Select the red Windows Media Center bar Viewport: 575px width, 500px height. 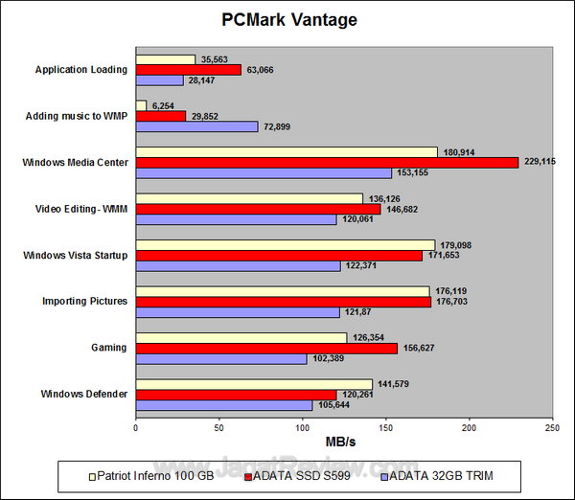click(x=327, y=162)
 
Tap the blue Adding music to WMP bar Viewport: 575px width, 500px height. click(x=196, y=126)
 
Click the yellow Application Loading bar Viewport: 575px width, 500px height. click(x=165, y=58)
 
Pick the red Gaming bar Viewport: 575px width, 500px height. click(x=266, y=348)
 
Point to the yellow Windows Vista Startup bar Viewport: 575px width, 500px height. click(x=285, y=244)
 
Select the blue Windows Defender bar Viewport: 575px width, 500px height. click(x=223, y=405)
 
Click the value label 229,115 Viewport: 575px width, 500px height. click(x=540, y=162)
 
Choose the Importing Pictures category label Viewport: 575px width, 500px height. click(x=84, y=302)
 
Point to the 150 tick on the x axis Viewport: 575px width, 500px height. click(x=385, y=429)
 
